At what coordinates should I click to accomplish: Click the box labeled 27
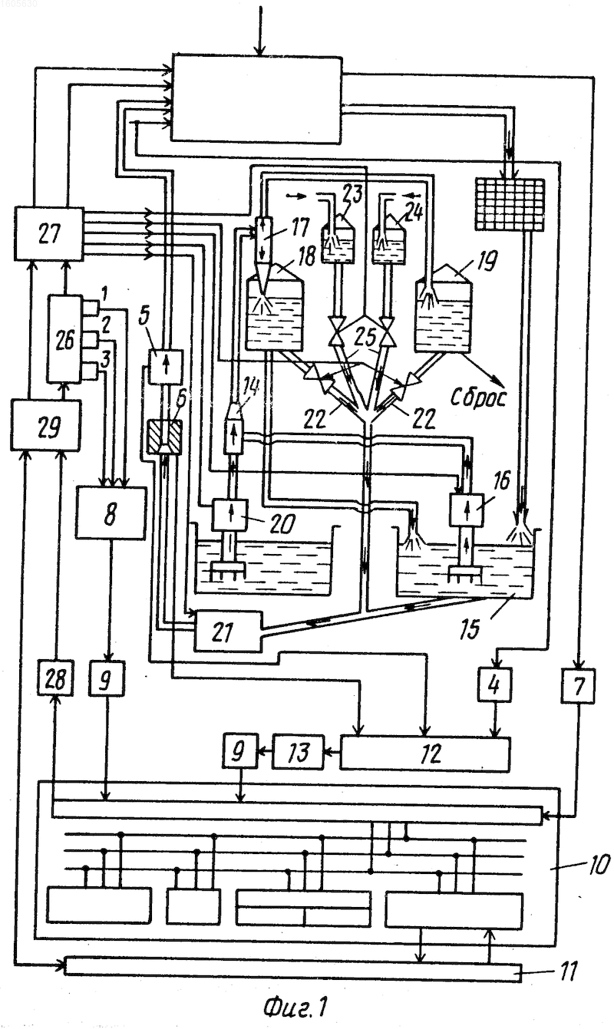coord(49,234)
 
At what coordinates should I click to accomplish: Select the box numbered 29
coord(45,425)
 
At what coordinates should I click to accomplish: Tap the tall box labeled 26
coord(64,339)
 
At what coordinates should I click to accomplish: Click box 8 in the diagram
coord(111,513)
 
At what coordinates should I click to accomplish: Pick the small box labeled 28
coord(55,678)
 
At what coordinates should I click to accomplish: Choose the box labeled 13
coord(298,752)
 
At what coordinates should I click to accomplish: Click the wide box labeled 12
coord(425,754)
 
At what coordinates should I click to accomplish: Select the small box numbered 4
coord(494,685)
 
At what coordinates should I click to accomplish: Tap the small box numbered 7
coord(578,686)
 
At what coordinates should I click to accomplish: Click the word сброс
coord(478,397)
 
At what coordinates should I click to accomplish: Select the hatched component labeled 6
coord(164,437)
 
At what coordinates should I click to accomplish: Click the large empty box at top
coord(256,98)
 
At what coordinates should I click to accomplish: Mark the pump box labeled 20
coord(230,515)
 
